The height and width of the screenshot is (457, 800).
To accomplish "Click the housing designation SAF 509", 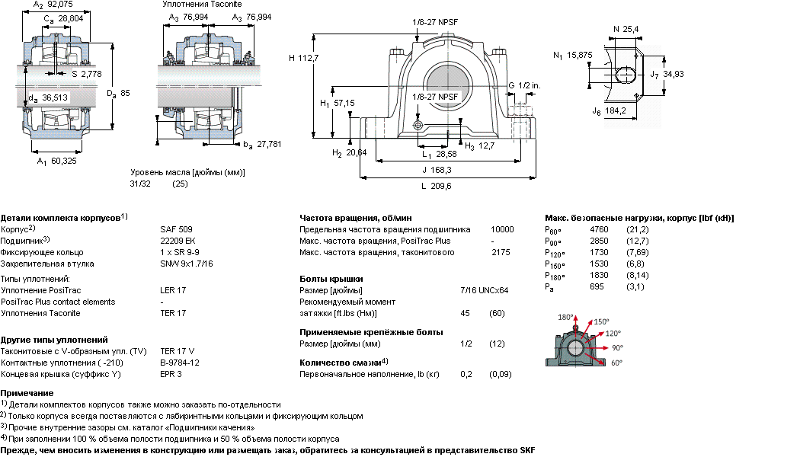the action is coord(176,229).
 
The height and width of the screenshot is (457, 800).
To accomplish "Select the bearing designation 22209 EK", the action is coord(178,241).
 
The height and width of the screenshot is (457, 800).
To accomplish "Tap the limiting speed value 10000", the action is coord(502,229).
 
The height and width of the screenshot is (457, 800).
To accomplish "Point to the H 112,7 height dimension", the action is coord(303,58).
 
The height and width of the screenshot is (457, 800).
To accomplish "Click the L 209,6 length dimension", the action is coord(437,186).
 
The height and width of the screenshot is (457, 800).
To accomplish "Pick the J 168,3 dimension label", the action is coord(437,170).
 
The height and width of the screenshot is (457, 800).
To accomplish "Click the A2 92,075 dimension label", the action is coord(53,5).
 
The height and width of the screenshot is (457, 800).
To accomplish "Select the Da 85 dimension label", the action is coord(118,94).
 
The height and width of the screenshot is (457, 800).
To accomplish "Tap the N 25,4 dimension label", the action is coord(626,29).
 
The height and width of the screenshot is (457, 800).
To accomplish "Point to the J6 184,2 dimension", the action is coord(610,111).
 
